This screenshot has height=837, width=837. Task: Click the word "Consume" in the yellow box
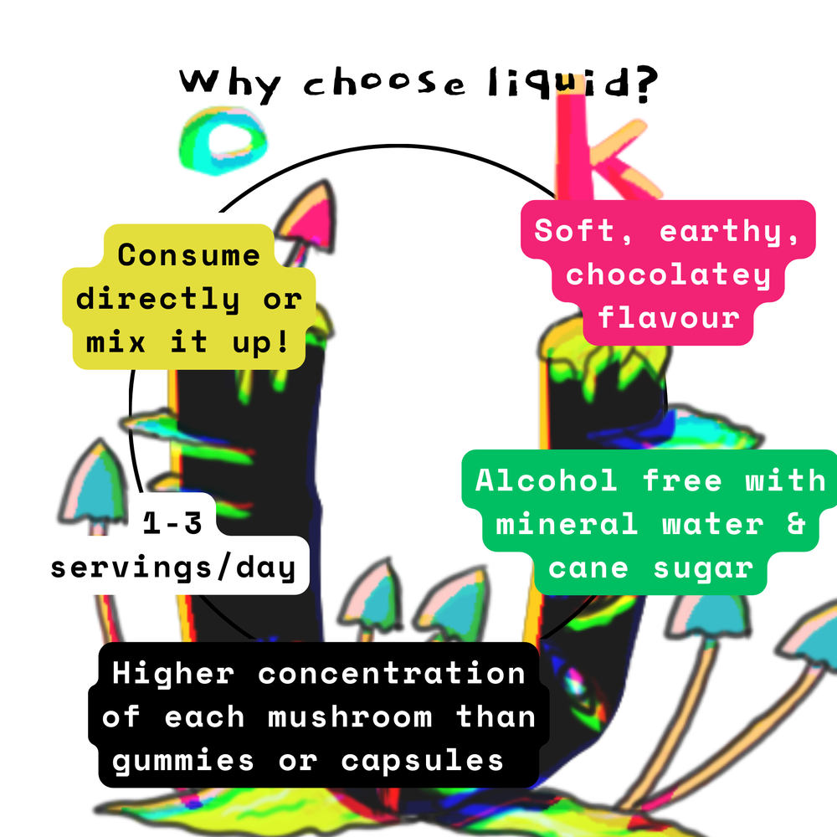coord(189,254)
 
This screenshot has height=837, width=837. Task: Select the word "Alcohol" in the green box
coord(547,480)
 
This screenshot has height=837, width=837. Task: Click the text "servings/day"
coord(173,568)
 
